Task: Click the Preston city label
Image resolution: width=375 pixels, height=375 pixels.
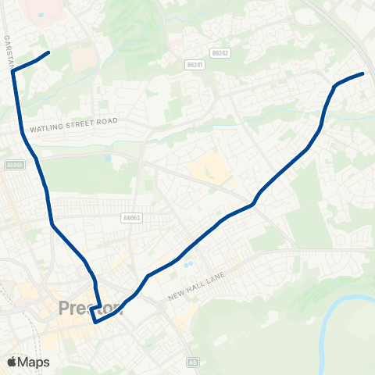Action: (90, 309)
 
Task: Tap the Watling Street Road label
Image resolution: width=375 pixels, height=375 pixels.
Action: (73, 123)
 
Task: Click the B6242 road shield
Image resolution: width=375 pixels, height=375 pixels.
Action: (220, 53)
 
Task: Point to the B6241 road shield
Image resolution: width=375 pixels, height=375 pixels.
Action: (195, 65)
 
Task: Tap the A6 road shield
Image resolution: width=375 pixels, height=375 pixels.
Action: (193, 362)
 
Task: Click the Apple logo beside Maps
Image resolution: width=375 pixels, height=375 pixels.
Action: (11, 362)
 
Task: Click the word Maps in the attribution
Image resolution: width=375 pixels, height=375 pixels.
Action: (34, 362)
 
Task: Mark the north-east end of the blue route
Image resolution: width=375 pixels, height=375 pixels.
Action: (363, 74)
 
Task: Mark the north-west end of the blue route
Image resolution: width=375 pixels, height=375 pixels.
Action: (48, 52)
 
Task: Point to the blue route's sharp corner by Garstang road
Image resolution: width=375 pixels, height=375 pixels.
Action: (13, 71)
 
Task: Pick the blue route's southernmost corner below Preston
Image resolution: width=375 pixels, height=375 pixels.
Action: (95, 321)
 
